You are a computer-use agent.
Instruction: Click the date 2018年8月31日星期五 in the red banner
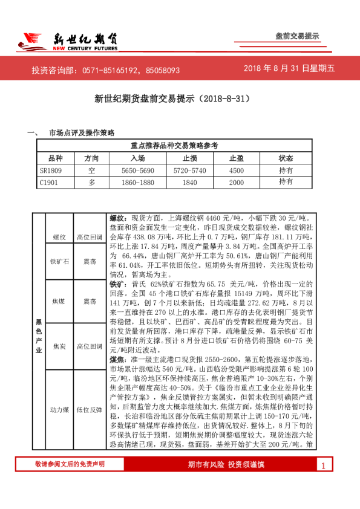pyautogui.click(x=289, y=68)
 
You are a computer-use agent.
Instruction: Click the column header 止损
pyautogui.click(x=191, y=158)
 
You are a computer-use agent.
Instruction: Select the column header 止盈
pyautogui.click(x=237, y=158)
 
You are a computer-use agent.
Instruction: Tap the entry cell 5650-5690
pyautogui.click(x=138, y=170)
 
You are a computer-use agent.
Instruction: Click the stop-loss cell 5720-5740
pyautogui.click(x=191, y=170)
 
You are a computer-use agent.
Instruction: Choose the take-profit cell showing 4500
pyautogui.click(x=237, y=170)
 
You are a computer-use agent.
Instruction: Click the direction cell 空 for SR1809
pyautogui.click(x=91, y=170)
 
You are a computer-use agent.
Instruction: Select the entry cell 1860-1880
pyautogui.click(x=138, y=181)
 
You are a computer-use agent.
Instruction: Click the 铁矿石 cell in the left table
pyautogui.click(x=60, y=262)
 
